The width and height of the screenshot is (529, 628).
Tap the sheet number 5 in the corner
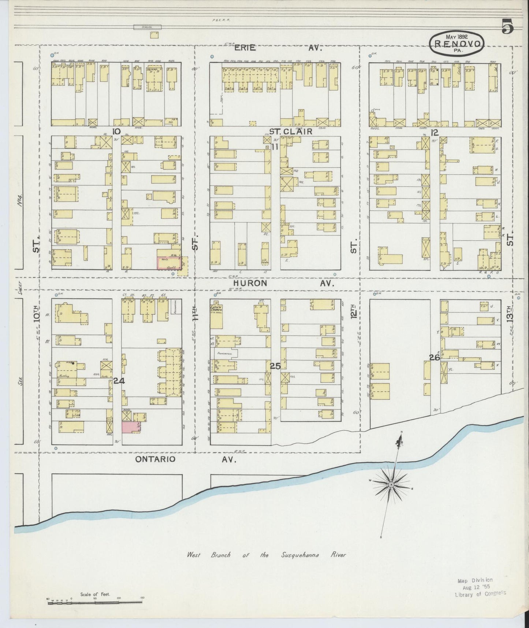pyautogui.click(x=507, y=26)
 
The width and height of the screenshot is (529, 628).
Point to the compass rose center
pyautogui.click(x=391, y=485)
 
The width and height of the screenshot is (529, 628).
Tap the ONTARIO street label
pyautogui.click(x=155, y=459)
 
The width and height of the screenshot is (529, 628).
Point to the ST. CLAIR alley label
pyautogui.click(x=291, y=131)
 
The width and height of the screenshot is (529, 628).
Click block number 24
pyautogui.click(x=119, y=381)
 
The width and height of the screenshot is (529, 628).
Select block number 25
pyautogui.click(x=275, y=366)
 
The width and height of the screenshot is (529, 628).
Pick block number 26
pyautogui.click(x=434, y=358)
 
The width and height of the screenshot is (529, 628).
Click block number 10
pyautogui.click(x=116, y=132)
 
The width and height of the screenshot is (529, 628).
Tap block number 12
pyautogui.click(x=435, y=132)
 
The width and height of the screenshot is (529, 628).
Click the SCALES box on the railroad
pyautogui.click(x=147, y=27)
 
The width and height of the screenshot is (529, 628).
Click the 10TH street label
pyautogui.click(x=36, y=314)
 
